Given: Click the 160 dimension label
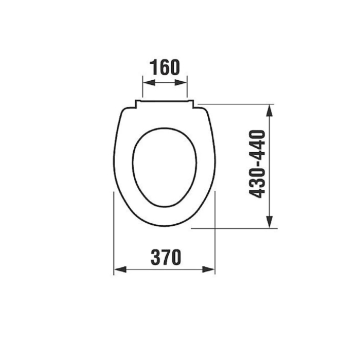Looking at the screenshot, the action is [x=165, y=67].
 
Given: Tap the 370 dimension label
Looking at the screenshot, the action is [x=166, y=257].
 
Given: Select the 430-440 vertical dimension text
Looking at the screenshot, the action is [x=257, y=164].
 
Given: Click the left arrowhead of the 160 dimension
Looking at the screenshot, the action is [x=149, y=83].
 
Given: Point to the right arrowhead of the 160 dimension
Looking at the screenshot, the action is [x=181, y=83].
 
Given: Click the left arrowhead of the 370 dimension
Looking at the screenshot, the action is [x=120, y=269].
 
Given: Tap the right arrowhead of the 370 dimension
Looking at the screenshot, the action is [x=208, y=269].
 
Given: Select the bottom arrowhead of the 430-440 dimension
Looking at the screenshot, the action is [x=269, y=222].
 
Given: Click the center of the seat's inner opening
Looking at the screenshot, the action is [x=165, y=167].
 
